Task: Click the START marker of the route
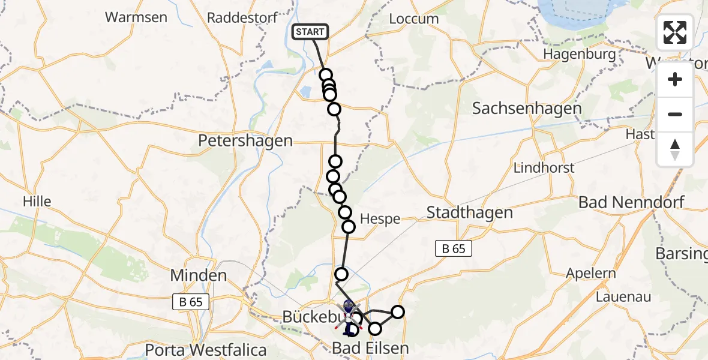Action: pos(310,32)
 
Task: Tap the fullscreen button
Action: pos(675,32)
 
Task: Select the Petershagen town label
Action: pos(246,142)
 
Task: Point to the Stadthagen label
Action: pos(470,212)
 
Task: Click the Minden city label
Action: pos(199,276)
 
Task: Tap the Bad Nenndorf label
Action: pos(631,202)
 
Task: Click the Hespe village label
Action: pos(380,219)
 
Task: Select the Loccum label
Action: pos(413,19)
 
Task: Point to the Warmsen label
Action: pos(136,17)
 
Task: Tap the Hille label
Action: pos(37,201)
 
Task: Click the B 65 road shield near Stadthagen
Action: pos(454,248)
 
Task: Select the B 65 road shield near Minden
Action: pos(191,302)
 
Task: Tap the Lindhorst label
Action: pos(544,168)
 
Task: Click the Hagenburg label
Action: pos(580,55)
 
